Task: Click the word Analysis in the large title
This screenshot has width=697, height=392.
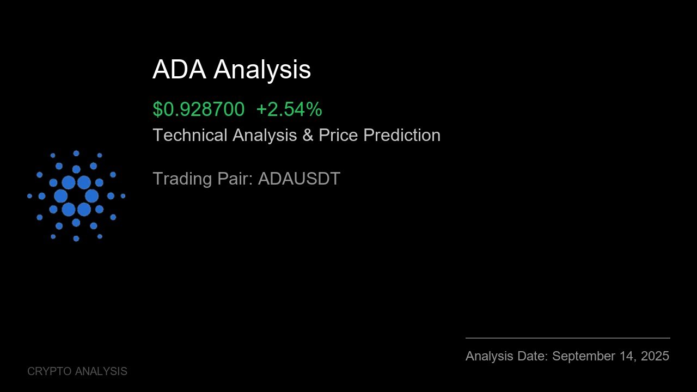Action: pyautogui.click(x=262, y=70)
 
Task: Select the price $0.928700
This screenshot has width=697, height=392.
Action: pyautogui.click(x=198, y=109)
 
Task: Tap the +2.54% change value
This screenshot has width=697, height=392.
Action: pyautogui.click(x=289, y=109)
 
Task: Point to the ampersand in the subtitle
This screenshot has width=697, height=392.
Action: pyautogui.click(x=308, y=135)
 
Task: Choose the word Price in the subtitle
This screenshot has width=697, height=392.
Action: pyautogui.click(x=339, y=135)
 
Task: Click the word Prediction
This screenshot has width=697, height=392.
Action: pyautogui.click(x=402, y=135)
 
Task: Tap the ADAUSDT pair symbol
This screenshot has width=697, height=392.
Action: pyautogui.click(x=299, y=179)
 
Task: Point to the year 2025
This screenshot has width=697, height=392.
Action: pyautogui.click(x=655, y=356)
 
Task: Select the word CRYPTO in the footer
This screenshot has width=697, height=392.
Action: pyautogui.click(x=50, y=371)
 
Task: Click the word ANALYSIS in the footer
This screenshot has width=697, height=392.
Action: pyautogui.click(x=101, y=371)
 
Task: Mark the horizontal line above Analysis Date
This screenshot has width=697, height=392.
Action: pyautogui.click(x=567, y=338)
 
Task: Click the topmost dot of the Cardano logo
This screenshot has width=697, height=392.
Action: pyautogui.click(x=76, y=154)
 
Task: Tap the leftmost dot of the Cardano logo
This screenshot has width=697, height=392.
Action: pyautogui.click(x=29, y=196)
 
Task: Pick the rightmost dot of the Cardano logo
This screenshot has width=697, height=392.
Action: pyautogui.click(x=123, y=196)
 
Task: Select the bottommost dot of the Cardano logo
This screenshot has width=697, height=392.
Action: pyautogui.click(x=76, y=238)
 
